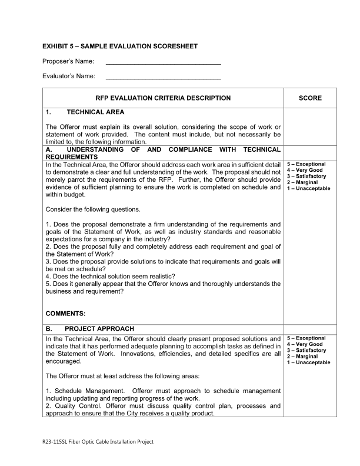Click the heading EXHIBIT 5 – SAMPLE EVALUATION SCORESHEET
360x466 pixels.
pyautogui.click(x=120, y=46)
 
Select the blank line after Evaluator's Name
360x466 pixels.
pyautogui.click(x=163, y=76)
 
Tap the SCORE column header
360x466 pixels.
pyautogui.click(x=310, y=98)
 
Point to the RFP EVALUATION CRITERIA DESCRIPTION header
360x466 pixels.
pyautogui.click(x=163, y=98)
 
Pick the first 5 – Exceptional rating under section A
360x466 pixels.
pyautogui.click(x=306, y=164)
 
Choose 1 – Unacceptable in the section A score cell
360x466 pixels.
pyautogui.click(x=308, y=188)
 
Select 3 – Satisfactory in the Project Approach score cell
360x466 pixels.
pyautogui.click(x=306, y=351)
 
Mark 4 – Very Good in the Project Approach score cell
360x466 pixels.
pyautogui.click(x=305, y=345)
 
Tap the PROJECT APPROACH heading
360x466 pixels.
pyautogui.click(x=99, y=328)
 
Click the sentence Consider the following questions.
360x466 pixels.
pyautogui.click(x=93, y=209)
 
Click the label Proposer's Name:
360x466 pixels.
pyautogui.click(x=65, y=61)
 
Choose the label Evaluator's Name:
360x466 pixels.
pyautogui.click(x=65, y=76)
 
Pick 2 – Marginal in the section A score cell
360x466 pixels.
pyautogui.click(x=302, y=182)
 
